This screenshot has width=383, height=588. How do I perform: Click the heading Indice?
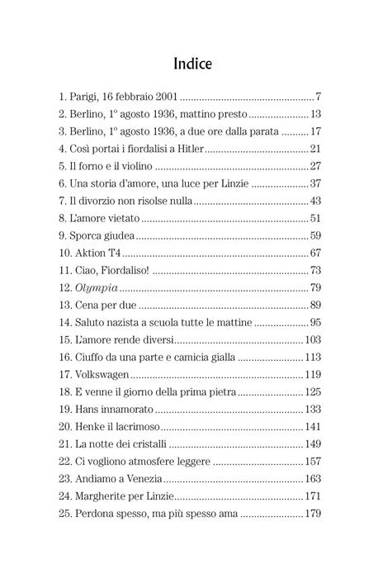click(191, 63)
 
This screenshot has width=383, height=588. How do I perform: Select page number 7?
click(318, 97)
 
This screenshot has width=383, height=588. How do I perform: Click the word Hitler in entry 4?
click(187, 149)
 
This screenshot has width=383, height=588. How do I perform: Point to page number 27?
click(314, 166)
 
